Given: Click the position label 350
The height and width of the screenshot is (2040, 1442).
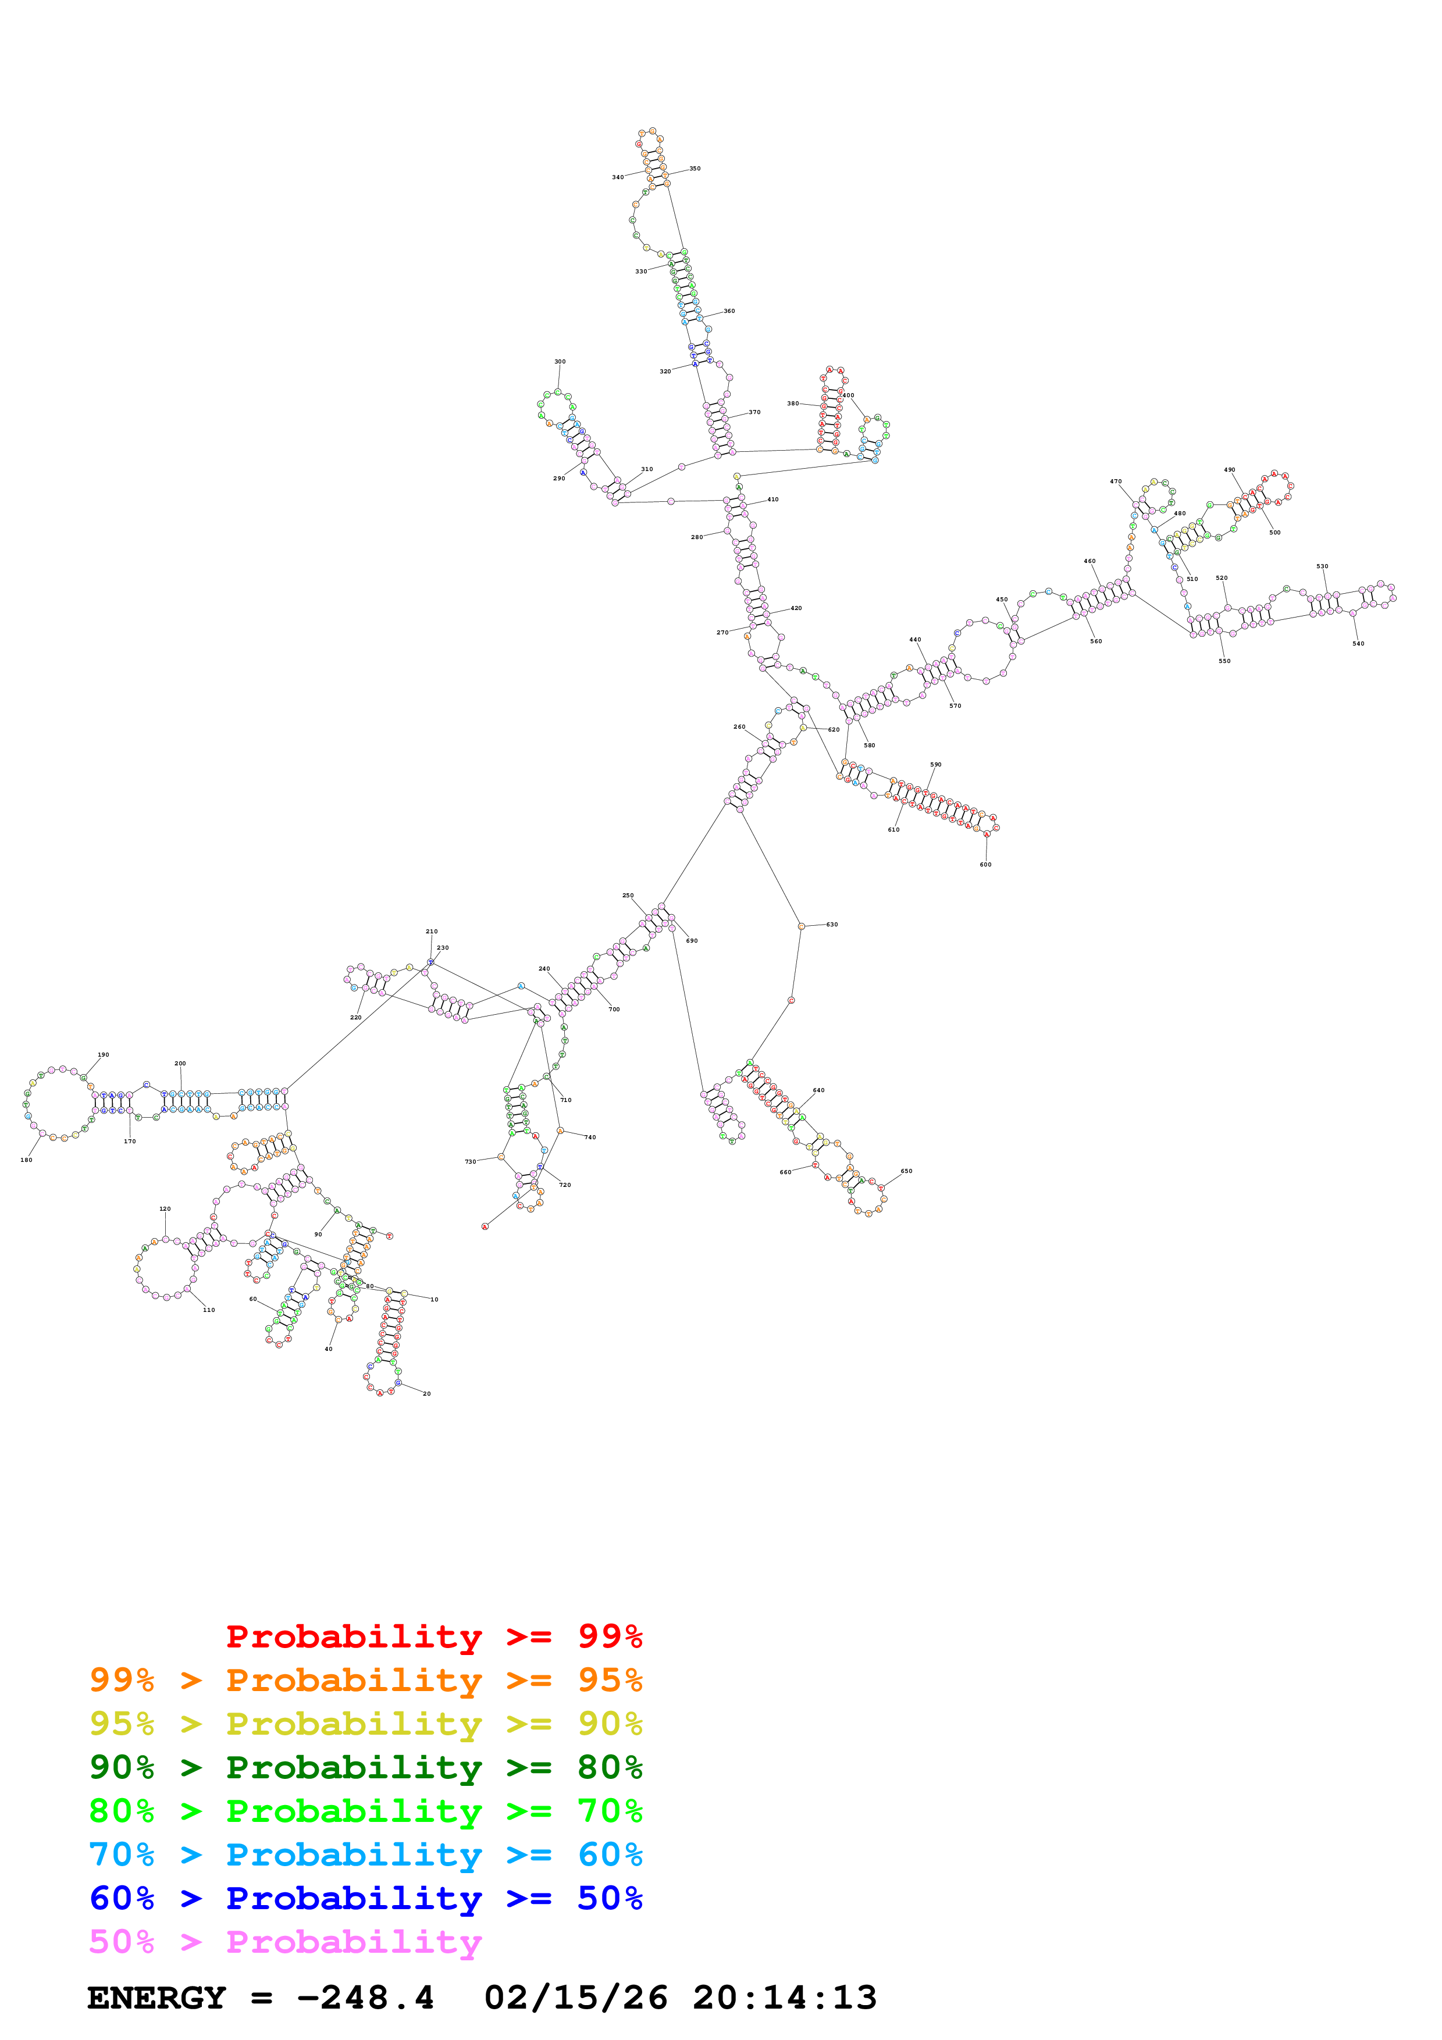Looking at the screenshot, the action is pyautogui.click(x=695, y=168).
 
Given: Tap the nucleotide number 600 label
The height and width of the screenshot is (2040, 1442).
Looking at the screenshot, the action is pyautogui.click(x=985, y=865).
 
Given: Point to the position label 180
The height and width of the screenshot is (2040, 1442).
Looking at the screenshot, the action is pyautogui.click(x=27, y=1160).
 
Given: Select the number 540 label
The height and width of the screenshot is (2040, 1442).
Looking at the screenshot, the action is pyautogui.click(x=1358, y=643).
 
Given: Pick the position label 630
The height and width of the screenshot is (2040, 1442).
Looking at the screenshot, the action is pyautogui.click(x=832, y=924).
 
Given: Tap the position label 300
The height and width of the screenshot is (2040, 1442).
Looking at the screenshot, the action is pyautogui.click(x=560, y=362).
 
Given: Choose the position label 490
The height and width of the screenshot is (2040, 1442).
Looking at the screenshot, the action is pyautogui.click(x=1230, y=469).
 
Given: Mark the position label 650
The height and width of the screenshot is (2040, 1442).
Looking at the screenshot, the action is pyautogui.click(x=906, y=1171).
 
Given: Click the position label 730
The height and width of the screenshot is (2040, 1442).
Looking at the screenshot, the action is pyautogui.click(x=470, y=1161).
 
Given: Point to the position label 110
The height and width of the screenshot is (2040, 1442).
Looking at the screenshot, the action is pyautogui.click(x=209, y=1310).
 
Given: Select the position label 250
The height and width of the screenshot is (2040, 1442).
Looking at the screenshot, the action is pyautogui.click(x=628, y=895).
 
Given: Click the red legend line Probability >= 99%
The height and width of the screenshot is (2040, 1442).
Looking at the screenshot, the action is pyautogui.click(x=433, y=1636).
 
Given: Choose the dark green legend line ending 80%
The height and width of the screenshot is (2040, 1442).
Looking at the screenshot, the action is pyautogui.click(x=365, y=1767).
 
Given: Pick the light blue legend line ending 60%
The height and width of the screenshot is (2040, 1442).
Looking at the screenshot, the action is pyautogui.click(x=365, y=1854).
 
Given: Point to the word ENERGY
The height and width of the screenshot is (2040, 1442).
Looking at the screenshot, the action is pyautogui.click(x=156, y=1998).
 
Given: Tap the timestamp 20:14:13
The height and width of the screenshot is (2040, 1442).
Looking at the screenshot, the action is pyautogui.click(x=785, y=1998).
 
